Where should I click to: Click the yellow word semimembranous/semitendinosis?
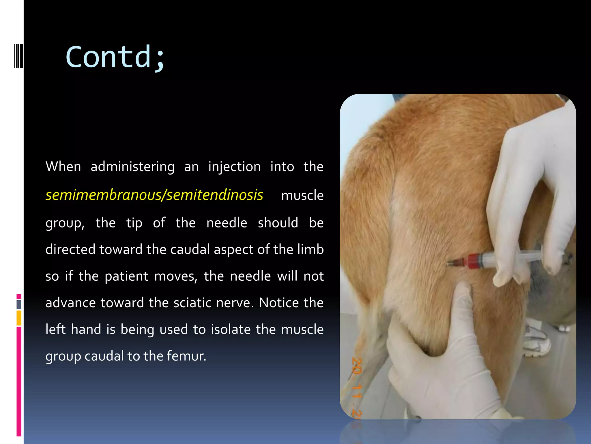154,195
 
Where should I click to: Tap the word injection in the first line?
234,167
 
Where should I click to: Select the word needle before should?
227,223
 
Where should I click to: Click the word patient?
126,276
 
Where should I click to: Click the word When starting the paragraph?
63,167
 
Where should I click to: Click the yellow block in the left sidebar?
19,318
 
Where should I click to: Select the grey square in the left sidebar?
19,304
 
